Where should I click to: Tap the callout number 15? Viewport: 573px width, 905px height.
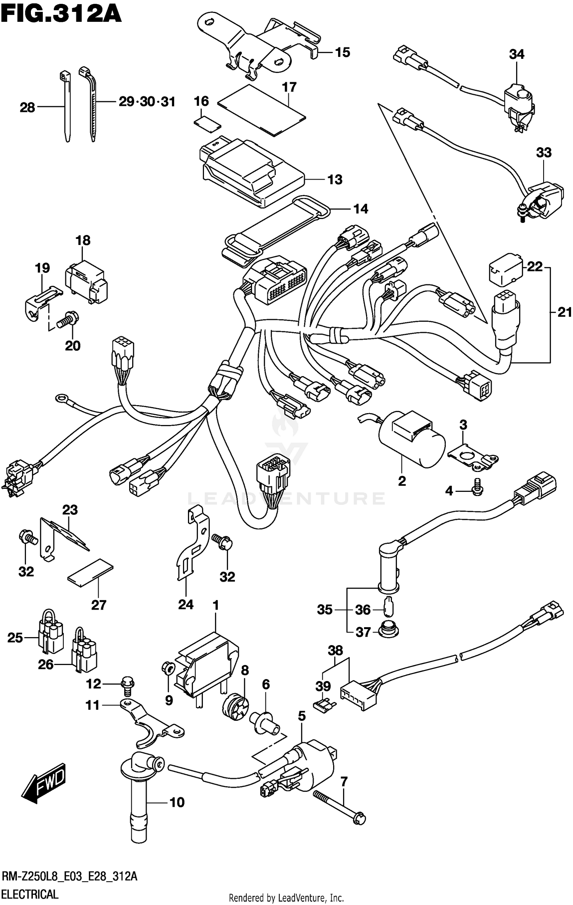pyautogui.click(x=342, y=52)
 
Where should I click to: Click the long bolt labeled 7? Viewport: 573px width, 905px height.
pyautogui.click(x=339, y=806)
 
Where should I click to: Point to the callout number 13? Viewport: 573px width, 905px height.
pyautogui.click(x=335, y=179)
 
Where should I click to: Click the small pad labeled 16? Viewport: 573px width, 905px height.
pyautogui.click(x=207, y=123)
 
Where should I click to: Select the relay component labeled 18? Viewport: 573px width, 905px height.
pyautogui.click(x=86, y=282)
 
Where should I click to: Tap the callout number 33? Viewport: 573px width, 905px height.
pyautogui.click(x=544, y=152)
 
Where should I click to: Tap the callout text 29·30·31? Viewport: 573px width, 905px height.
pyautogui.click(x=147, y=102)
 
